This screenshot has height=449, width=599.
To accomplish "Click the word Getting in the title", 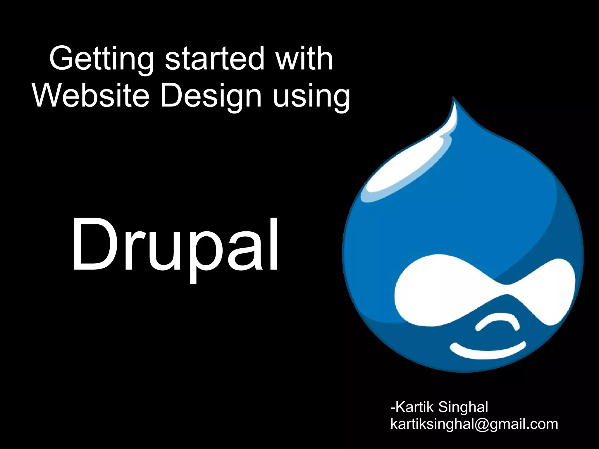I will (x=101, y=59).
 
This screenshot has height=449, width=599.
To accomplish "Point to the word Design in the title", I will (x=211, y=97).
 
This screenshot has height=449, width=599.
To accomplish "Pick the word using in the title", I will (x=311, y=97).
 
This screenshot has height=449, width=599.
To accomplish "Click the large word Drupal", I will (x=175, y=246).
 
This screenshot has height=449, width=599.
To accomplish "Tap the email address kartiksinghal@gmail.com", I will (x=474, y=424).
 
